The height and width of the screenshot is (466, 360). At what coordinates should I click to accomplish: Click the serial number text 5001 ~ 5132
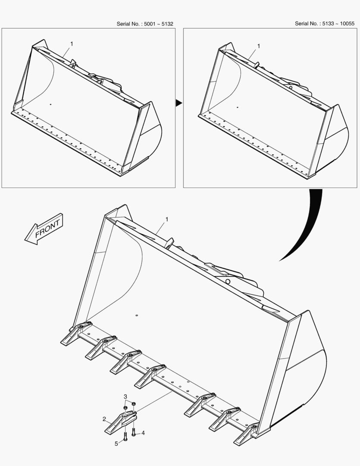(158, 24)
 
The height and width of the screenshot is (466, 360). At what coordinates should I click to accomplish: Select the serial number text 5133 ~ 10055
(338, 23)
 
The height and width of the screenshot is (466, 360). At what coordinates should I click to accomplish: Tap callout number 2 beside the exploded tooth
(104, 419)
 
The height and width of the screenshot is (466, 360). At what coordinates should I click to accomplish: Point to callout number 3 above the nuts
(125, 397)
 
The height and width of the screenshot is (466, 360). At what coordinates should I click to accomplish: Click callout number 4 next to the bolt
(143, 433)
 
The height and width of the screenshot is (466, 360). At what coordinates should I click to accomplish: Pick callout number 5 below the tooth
(116, 444)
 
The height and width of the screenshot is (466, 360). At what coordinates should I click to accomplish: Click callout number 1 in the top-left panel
(72, 44)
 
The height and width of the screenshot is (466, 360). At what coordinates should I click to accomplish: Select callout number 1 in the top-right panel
(258, 46)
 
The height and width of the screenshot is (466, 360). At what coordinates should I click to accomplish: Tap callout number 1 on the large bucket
(166, 219)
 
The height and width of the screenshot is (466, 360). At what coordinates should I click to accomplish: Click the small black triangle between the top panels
(178, 103)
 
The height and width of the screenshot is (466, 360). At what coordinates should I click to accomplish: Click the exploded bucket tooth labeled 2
(120, 422)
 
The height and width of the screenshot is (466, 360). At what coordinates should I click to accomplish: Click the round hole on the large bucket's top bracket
(228, 281)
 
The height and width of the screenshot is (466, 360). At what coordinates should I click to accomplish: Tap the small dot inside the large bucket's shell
(137, 315)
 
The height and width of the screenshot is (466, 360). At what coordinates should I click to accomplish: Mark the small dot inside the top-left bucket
(50, 104)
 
